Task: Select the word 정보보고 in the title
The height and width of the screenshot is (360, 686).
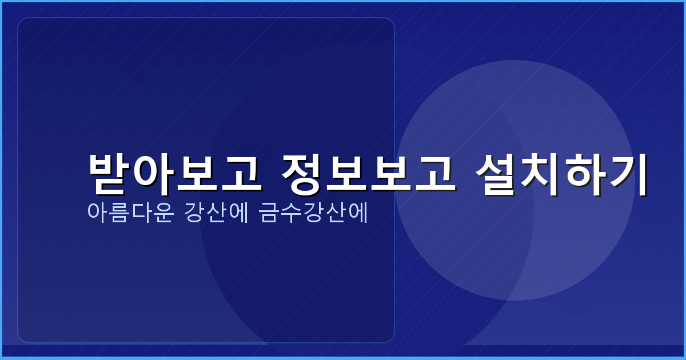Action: pos(369,173)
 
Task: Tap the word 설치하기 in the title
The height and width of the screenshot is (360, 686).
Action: pos(563,173)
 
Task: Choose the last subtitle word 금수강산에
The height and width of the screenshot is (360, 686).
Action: pos(312,213)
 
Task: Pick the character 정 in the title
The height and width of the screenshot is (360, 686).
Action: pos(304,173)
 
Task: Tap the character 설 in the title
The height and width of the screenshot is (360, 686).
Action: pos(498,173)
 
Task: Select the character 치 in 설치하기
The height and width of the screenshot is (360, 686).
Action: pos(542,173)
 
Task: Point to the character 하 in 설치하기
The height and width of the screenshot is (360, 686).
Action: pos(585,173)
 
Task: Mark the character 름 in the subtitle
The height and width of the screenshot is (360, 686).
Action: pos(119,213)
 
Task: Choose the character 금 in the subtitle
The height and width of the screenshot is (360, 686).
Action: pos(269,213)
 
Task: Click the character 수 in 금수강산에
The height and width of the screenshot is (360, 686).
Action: pos(290,213)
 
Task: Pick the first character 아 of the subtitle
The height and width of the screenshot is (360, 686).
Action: pos(97,213)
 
